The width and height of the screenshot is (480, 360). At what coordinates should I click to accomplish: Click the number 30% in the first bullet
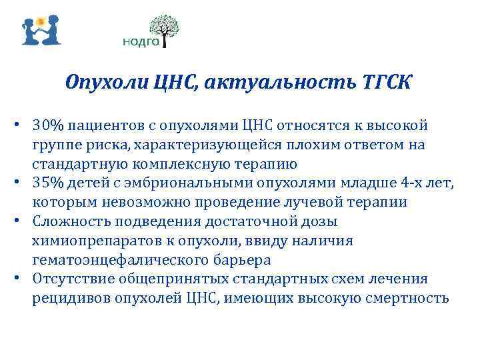48,125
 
